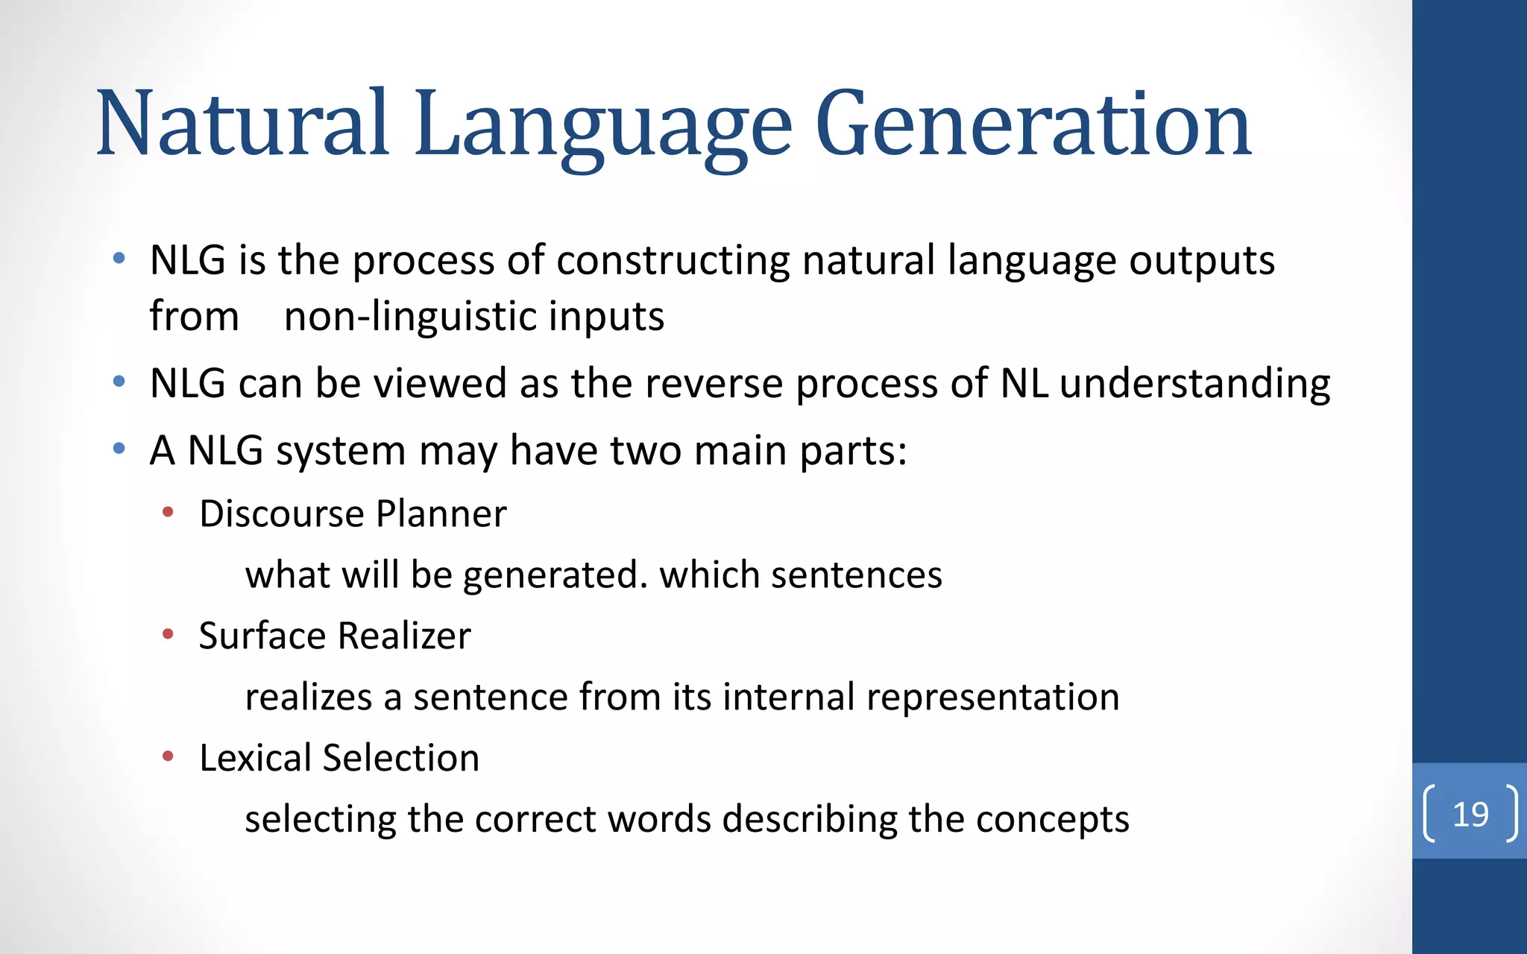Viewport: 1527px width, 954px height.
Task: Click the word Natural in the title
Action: (x=242, y=124)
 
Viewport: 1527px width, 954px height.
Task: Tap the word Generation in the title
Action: (x=1033, y=124)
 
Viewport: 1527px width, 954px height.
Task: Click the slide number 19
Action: (x=1470, y=814)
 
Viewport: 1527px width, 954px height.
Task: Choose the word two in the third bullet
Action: (x=645, y=451)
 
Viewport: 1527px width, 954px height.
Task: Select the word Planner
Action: (x=441, y=514)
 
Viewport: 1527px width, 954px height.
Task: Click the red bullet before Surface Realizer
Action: (x=169, y=634)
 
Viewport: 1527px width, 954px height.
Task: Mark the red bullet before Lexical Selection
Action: (x=169, y=756)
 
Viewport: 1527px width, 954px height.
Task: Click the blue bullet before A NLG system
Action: (x=119, y=449)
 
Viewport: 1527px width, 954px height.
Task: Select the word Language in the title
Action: (x=602, y=124)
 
